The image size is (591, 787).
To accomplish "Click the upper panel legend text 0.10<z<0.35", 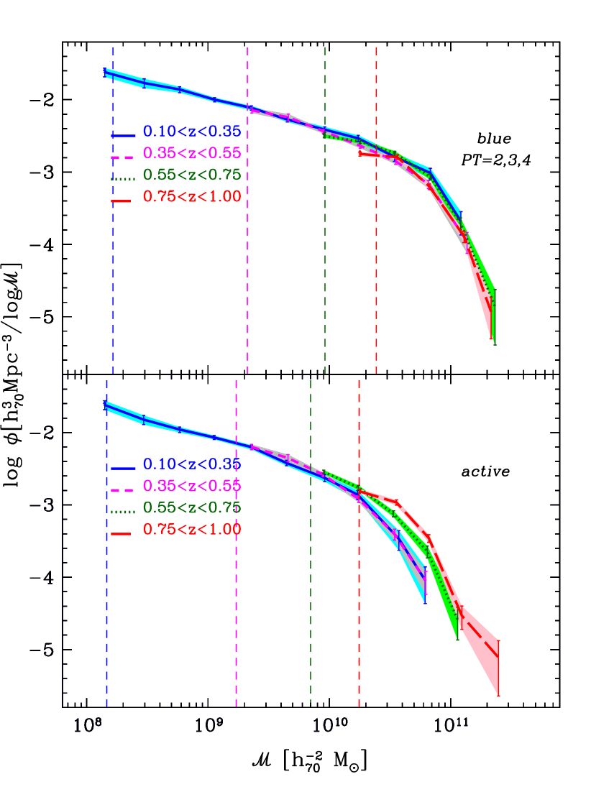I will click(x=191, y=132).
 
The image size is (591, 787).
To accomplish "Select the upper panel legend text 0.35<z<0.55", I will click(x=191, y=153).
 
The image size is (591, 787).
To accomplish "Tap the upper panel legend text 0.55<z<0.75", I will click(x=191, y=175).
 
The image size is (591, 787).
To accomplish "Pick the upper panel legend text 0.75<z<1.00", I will click(x=191, y=196).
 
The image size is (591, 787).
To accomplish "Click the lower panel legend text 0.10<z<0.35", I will click(x=191, y=464).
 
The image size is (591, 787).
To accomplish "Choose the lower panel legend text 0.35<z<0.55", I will click(x=191, y=486).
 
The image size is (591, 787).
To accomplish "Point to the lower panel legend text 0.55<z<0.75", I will click(x=191, y=507).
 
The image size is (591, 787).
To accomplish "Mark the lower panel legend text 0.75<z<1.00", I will click(x=191, y=530).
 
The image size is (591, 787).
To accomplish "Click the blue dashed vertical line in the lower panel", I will click(x=106, y=575).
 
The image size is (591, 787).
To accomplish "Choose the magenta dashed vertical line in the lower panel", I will click(x=237, y=575).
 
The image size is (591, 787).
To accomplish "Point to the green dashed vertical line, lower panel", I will click(x=311, y=575).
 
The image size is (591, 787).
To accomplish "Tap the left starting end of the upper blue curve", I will click(x=106, y=71).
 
